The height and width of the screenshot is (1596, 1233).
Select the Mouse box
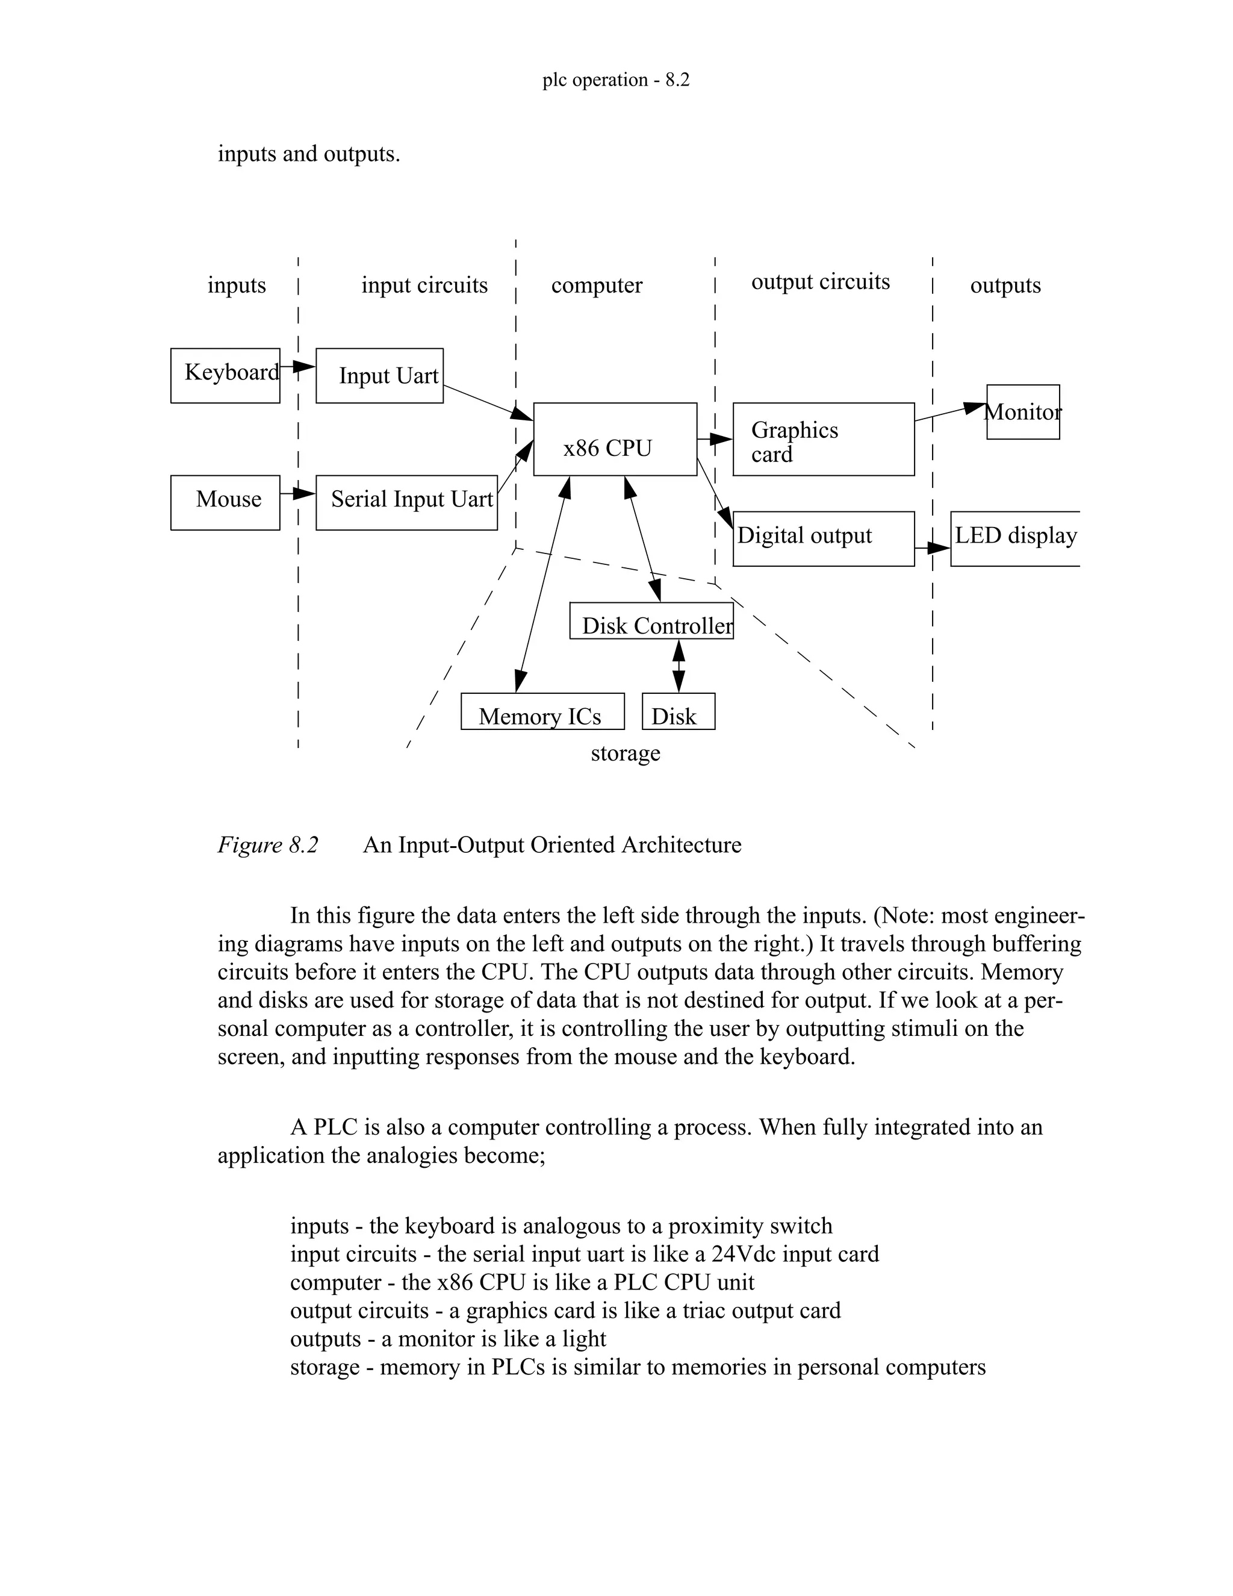click(225, 502)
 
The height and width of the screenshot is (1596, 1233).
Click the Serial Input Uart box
click(406, 502)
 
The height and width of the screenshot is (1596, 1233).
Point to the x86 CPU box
click(615, 439)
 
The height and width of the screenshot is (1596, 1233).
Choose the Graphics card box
click(823, 439)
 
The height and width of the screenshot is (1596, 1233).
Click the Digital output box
click(823, 538)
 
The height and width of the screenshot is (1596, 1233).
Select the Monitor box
click(1023, 411)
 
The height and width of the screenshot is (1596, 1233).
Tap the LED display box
click(1015, 538)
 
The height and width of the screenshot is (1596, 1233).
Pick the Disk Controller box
click(651, 620)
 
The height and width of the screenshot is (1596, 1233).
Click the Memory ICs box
click(542, 711)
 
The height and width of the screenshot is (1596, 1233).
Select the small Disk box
click(678, 711)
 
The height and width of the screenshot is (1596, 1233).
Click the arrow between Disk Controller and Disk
click(679, 666)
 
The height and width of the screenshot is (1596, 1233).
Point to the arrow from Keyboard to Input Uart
click(297, 366)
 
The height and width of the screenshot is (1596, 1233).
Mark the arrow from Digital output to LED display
click(932, 547)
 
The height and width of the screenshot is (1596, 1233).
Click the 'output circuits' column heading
click(821, 281)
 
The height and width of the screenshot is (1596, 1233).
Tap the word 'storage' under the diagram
click(626, 753)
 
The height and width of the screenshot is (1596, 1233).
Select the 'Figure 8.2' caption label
click(268, 845)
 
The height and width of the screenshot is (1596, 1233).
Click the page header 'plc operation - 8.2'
click(616, 79)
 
